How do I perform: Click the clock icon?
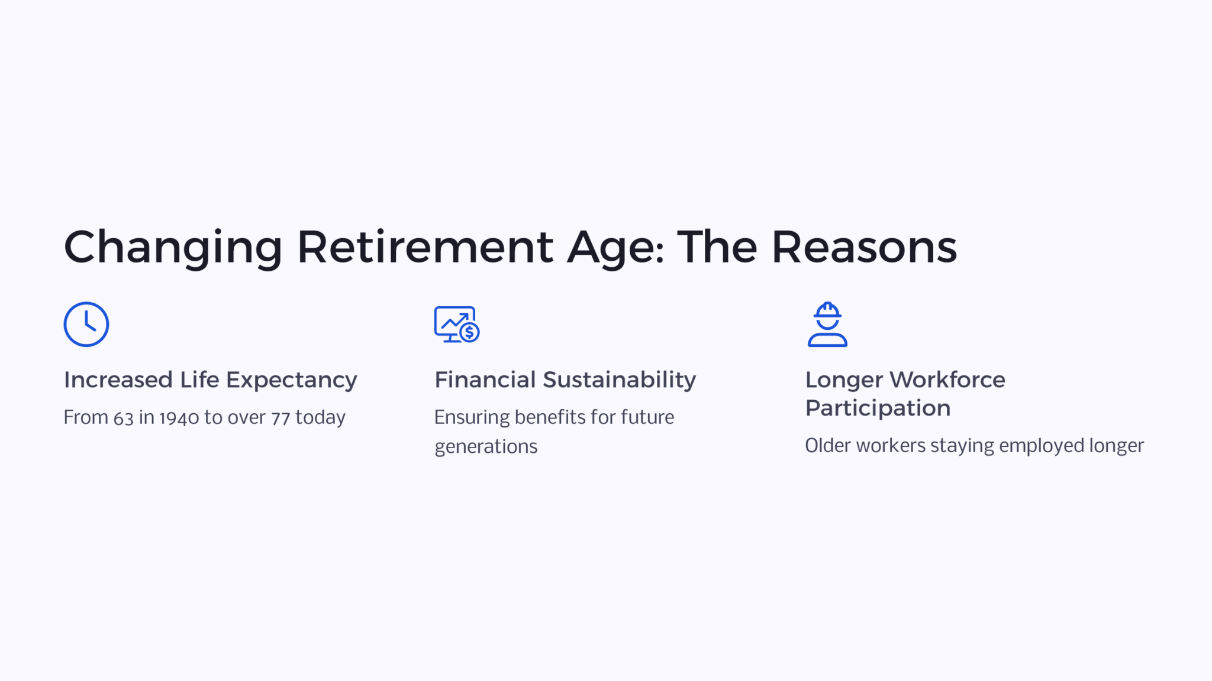(x=86, y=324)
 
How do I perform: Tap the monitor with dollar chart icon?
(x=456, y=324)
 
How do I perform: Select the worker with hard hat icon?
(x=827, y=324)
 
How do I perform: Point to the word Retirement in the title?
(x=425, y=247)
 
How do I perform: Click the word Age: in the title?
(x=615, y=247)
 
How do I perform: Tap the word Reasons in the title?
(x=864, y=247)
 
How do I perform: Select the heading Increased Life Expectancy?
(x=210, y=380)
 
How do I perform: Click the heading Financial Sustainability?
(x=565, y=380)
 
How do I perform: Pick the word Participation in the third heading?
(x=878, y=408)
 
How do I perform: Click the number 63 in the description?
(x=124, y=418)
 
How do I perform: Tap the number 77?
(x=281, y=418)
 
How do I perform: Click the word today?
(x=320, y=418)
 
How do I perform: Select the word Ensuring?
(x=472, y=418)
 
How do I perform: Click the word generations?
(x=486, y=447)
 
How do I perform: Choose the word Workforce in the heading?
(x=947, y=380)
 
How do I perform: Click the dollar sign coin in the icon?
(x=470, y=333)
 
